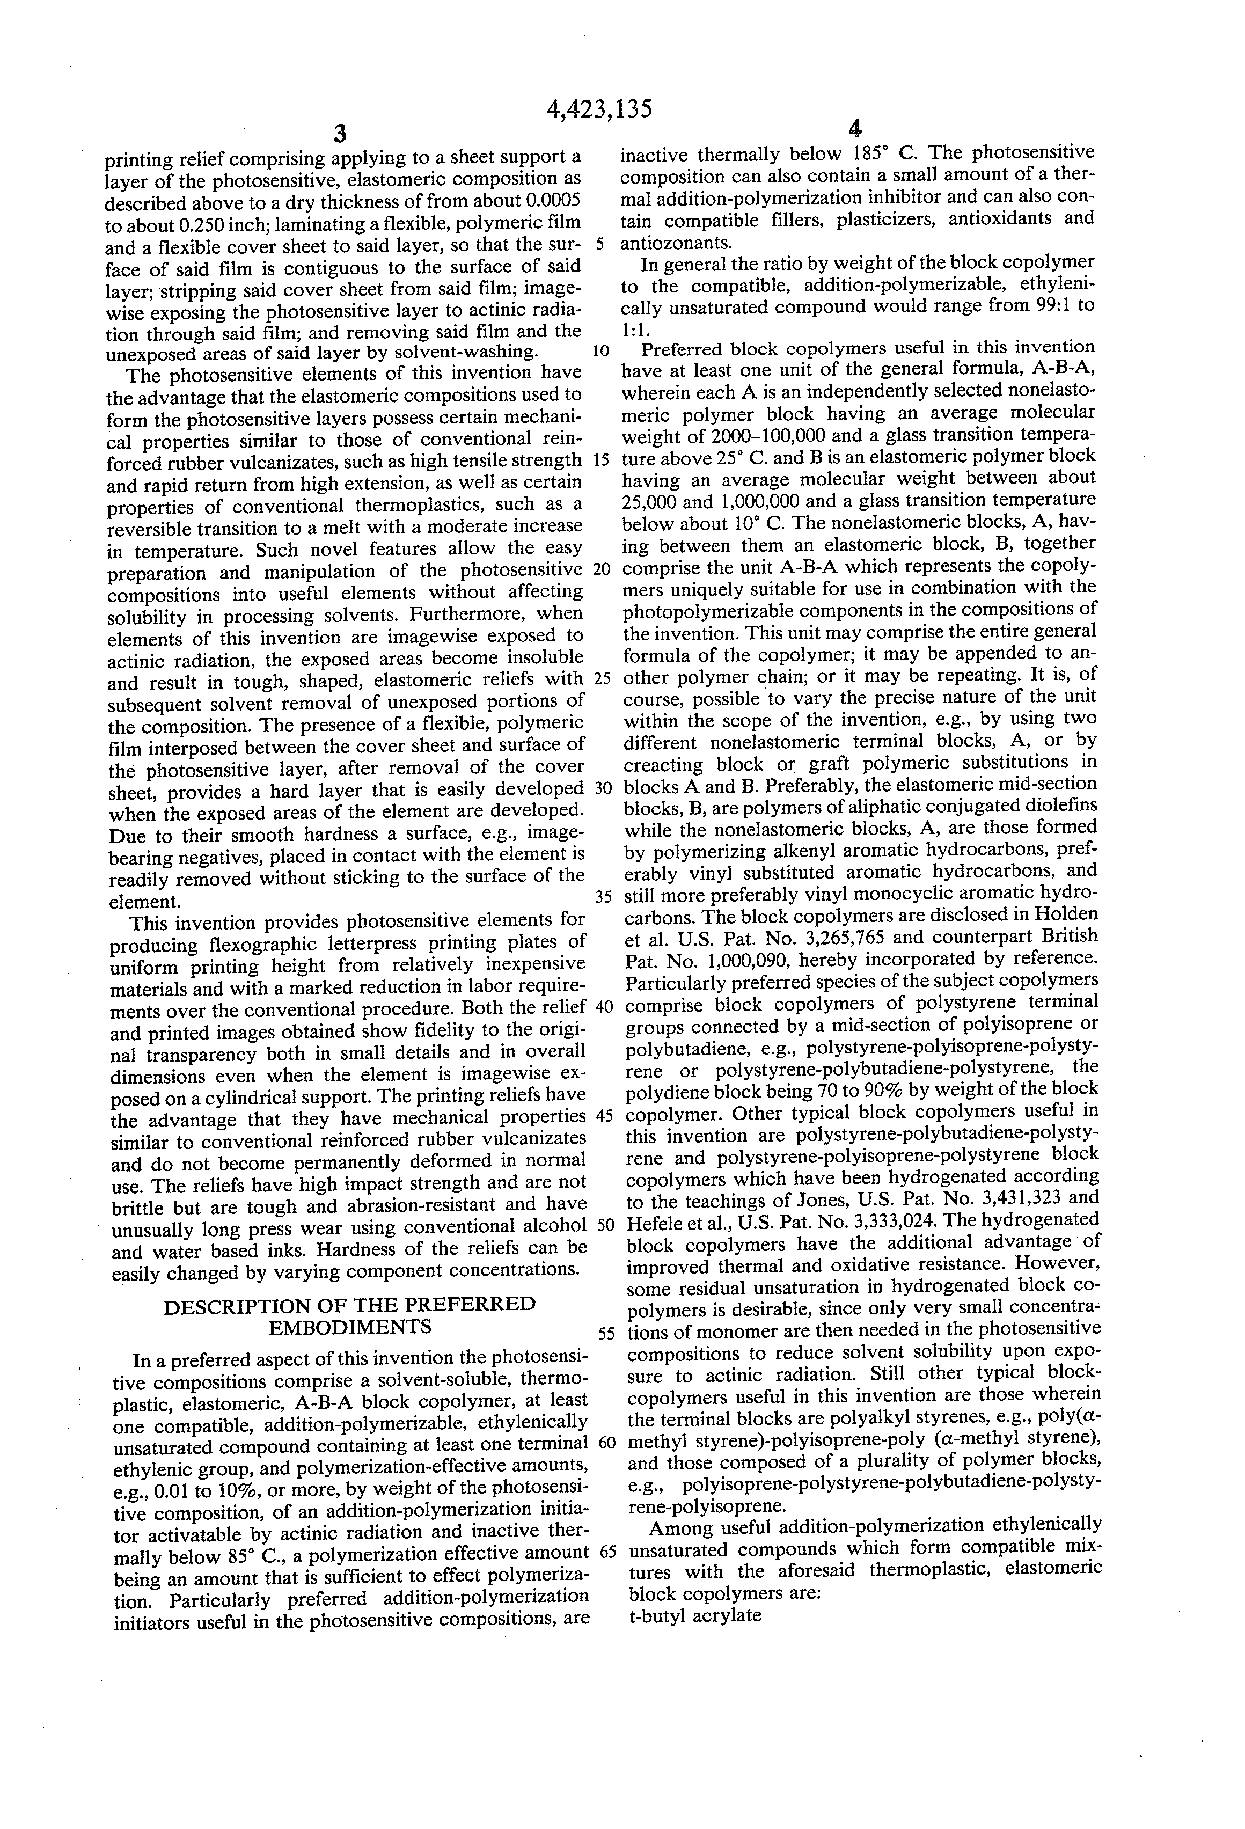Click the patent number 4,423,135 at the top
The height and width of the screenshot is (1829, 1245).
599,108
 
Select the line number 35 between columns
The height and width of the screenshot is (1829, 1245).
602,896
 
